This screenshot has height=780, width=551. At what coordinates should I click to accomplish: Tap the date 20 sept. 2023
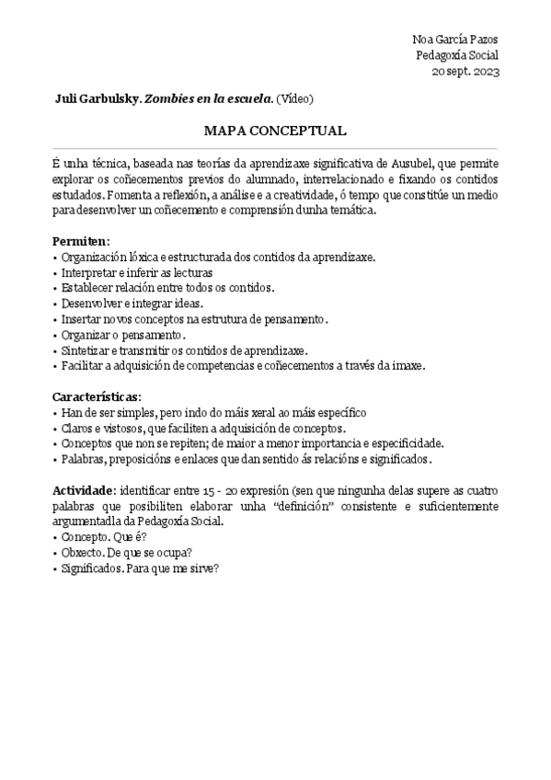465,72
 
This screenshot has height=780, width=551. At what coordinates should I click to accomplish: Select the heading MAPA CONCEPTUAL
275,131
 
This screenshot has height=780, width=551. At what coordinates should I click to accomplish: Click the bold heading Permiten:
81,240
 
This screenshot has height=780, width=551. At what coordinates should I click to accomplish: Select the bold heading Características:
97,396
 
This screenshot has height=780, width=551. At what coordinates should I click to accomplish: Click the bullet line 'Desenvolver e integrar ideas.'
132,303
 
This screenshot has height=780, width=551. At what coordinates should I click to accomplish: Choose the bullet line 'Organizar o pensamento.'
123,334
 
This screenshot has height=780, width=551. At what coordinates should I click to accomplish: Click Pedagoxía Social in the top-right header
456,55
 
